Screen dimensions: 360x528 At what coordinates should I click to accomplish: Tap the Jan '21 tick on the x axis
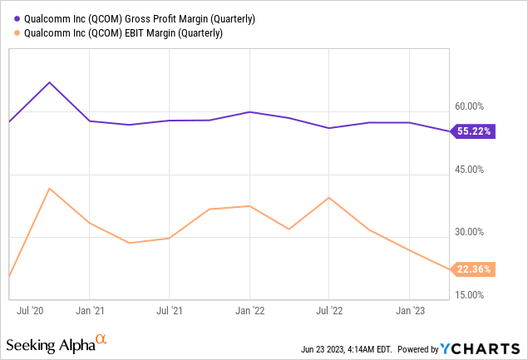[90, 311]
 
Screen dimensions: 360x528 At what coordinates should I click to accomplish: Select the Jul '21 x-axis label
[170, 311]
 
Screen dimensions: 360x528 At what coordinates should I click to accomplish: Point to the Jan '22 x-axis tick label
[249, 311]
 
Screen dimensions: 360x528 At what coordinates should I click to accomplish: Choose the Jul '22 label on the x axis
[329, 311]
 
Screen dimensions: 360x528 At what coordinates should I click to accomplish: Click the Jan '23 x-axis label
[409, 311]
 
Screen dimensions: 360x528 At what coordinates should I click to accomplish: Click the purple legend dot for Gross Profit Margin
[9, 18]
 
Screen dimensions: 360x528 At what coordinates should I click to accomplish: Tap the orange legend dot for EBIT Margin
[9, 33]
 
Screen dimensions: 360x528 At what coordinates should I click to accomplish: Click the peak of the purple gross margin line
[50, 82]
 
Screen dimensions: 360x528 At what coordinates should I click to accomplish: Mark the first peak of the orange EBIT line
[50, 188]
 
